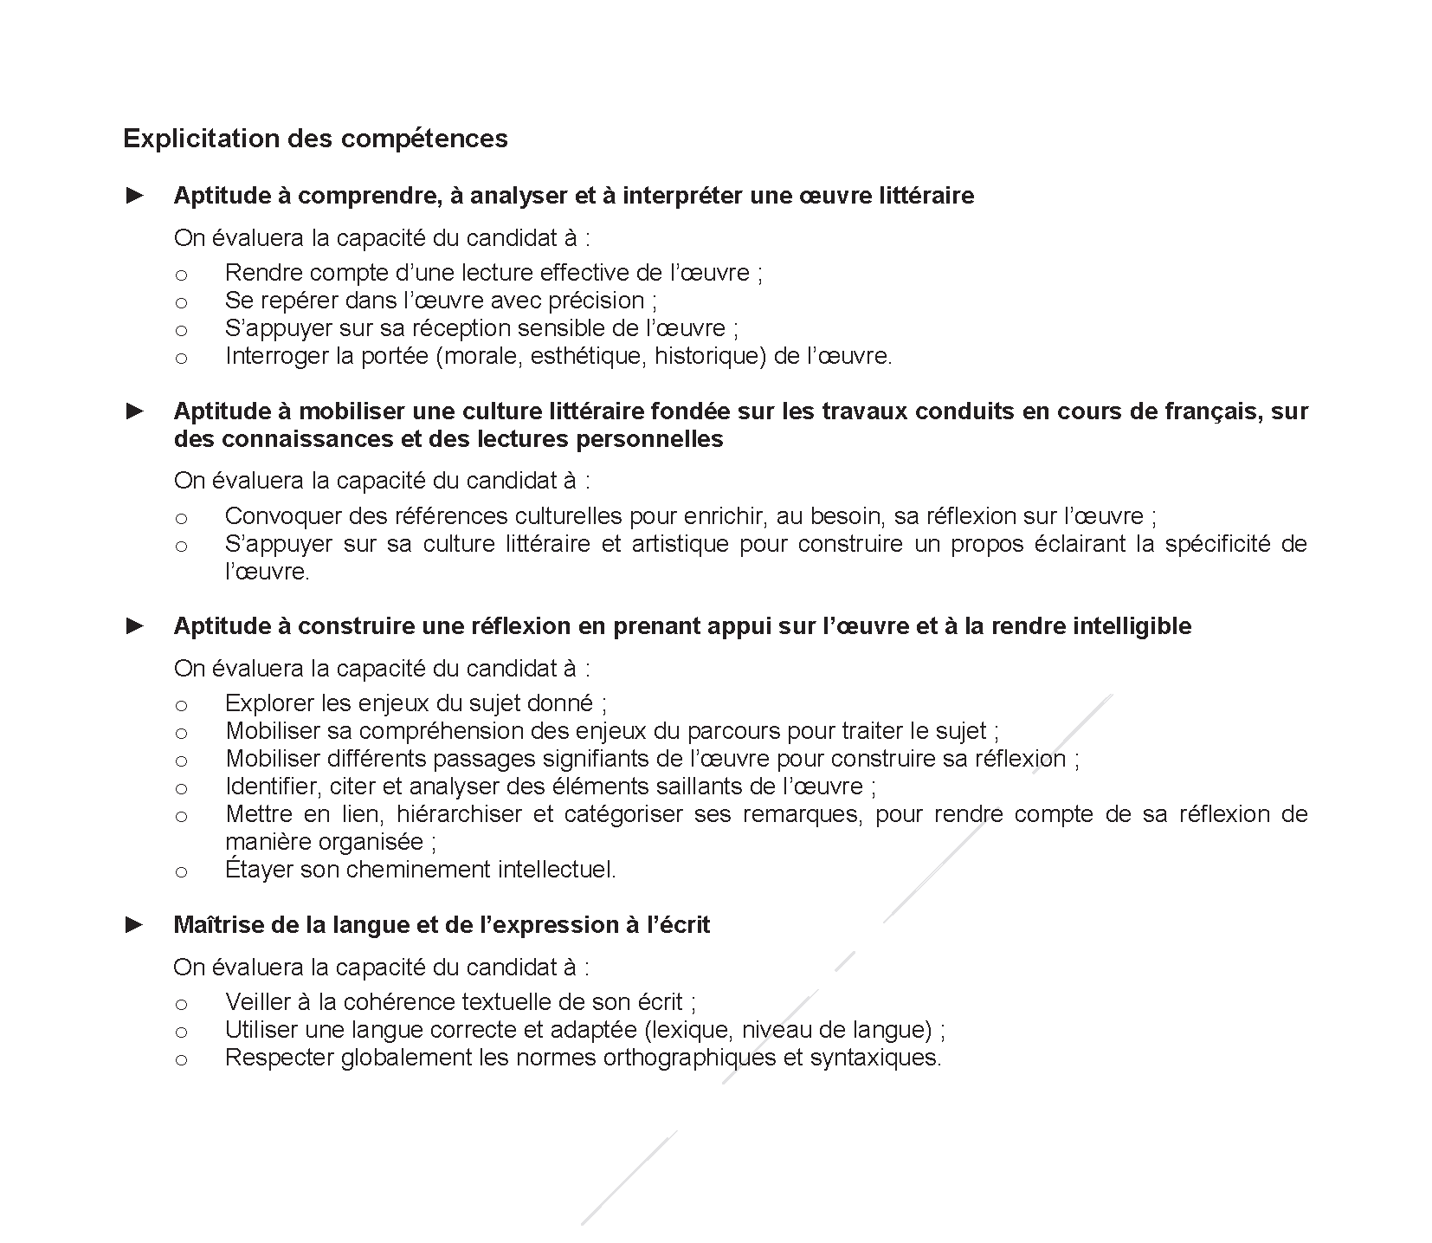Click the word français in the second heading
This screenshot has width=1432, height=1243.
1210,411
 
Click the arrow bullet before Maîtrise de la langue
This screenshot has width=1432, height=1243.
135,925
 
